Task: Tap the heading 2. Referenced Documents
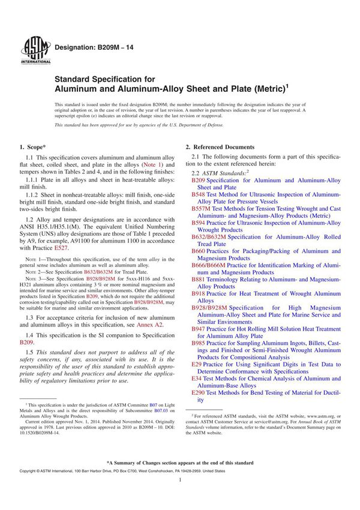pyautogui.click(x=220, y=147)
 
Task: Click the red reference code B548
pyautogui.click(x=198, y=195)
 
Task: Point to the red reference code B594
pyautogui.click(x=198, y=223)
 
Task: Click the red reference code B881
pyautogui.click(x=198, y=279)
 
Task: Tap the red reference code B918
pyautogui.click(x=198, y=293)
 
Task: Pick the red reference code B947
pyautogui.click(x=198, y=329)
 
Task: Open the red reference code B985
pyautogui.click(x=198, y=343)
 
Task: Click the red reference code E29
pyautogui.click(x=196, y=364)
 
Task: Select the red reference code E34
pyautogui.click(x=196, y=378)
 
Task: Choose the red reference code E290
pyautogui.click(x=198, y=392)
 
